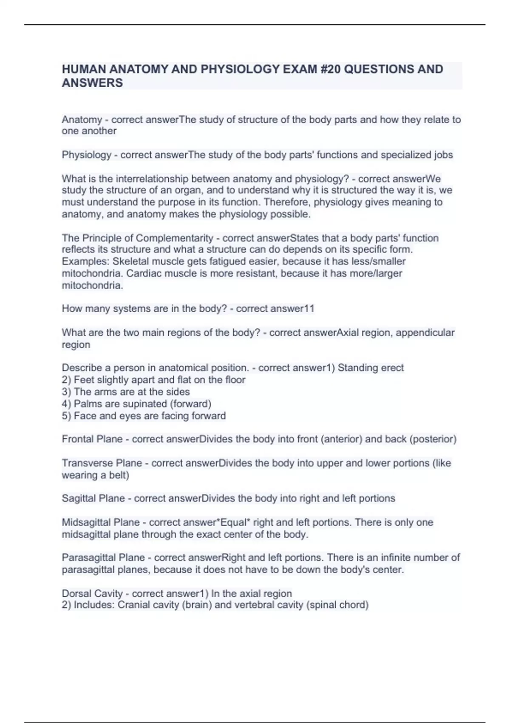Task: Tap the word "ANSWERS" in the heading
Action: pos(92,83)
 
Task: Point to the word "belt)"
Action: pos(119,475)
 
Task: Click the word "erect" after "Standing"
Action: pos(392,367)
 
